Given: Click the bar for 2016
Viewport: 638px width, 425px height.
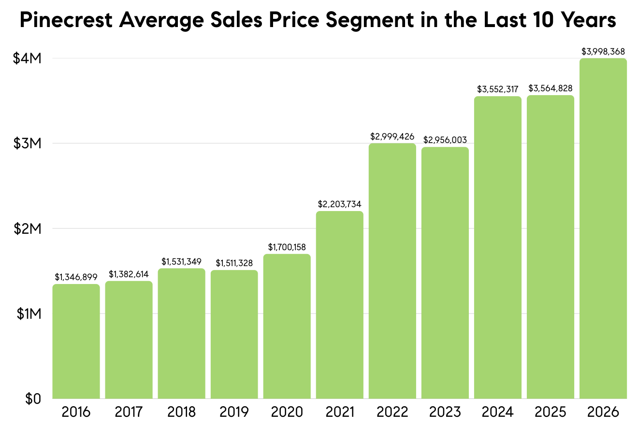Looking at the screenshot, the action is click(76, 341).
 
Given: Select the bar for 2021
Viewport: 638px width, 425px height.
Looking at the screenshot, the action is click(339, 305).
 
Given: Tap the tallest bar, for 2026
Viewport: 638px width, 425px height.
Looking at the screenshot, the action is click(603, 228).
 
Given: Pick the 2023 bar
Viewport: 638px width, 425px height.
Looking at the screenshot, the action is click(445, 273).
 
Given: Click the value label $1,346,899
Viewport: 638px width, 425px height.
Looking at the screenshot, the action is click(76, 277).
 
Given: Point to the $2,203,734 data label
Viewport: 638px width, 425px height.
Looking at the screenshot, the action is click(339, 204).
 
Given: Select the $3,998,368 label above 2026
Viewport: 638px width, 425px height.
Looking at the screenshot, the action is click(603, 52).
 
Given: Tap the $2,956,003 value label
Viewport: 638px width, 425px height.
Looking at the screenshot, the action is click(445, 140).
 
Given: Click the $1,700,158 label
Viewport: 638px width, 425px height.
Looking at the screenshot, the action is click(287, 247).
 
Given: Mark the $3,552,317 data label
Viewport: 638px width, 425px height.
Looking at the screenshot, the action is click(498, 89).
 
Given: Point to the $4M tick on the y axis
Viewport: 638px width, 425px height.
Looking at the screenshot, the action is click(28, 58).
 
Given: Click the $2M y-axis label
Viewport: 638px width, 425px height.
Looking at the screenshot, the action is click(28, 228).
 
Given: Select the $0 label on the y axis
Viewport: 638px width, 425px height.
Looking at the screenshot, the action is click(33, 399).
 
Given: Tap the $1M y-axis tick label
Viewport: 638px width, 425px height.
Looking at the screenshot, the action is click(29, 314).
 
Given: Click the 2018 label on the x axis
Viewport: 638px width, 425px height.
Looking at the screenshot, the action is click(181, 412).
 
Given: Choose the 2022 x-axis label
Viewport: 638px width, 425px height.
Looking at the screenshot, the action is click(392, 412).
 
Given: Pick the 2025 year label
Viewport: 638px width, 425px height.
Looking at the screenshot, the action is click(550, 412).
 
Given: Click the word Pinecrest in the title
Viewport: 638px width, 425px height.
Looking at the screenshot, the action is click(66, 20).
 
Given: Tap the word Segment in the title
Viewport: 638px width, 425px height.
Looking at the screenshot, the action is click(370, 21).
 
